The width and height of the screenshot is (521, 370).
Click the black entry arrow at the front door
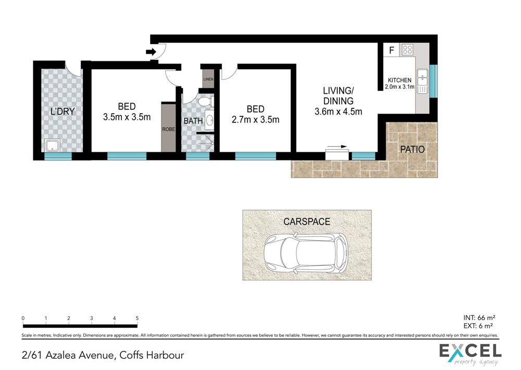coord(151,52)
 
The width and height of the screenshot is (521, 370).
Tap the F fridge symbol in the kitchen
coord(392,50)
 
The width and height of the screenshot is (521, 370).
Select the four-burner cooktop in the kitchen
coord(407,50)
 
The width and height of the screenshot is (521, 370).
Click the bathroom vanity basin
coord(209,120)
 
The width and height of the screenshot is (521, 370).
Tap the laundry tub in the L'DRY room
coord(53,145)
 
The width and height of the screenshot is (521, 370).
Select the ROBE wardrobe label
coord(168,129)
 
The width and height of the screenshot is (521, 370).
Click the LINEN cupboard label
coord(208,79)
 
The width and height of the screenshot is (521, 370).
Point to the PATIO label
coord(412,149)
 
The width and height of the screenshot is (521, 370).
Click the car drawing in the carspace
coord(306,253)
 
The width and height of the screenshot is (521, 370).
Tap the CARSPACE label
coord(307,221)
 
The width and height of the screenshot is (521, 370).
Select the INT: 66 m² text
coord(479,318)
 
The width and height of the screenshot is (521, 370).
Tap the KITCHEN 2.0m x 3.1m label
coord(400,83)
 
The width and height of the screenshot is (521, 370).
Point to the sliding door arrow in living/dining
coord(337,146)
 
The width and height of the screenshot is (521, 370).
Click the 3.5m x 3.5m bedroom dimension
coord(127,117)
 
